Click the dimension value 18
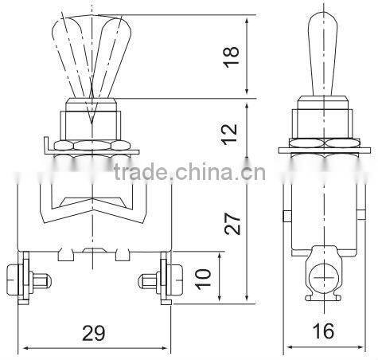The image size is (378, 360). [x=232, y=57]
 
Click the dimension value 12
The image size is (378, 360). [x=230, y=134]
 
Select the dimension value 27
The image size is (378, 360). [x=232, y=223]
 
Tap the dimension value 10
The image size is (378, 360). [x=203, y=279]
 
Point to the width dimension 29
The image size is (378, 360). [x=94, y=333]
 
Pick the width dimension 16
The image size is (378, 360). [x=323, y=331]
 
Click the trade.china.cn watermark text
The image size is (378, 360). [x=189, y=172]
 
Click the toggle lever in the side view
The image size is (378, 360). [x=323, y=53]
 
